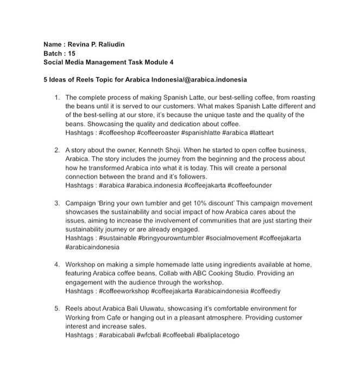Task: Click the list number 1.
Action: point(57,97)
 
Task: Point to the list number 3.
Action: point(57,203)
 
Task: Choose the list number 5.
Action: point(57,308)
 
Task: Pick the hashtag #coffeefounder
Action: point(246,185)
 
